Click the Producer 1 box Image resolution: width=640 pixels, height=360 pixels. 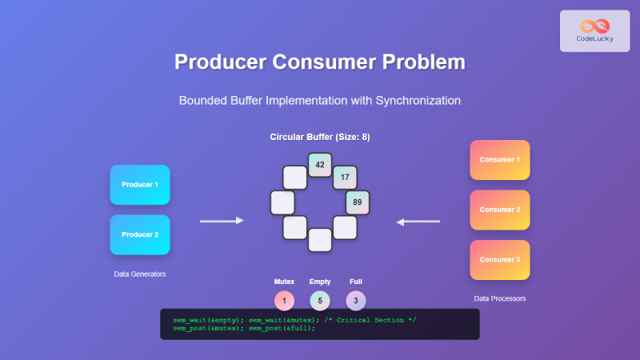pos(140,185)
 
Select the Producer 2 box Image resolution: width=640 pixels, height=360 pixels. pos(140,235)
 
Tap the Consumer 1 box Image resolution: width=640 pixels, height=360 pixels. pos(499,159)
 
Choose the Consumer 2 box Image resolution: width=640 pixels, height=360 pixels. pos(499,210)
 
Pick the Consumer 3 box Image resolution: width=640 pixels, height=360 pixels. pos(499,260)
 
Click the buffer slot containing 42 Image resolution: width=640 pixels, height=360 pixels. pos(320,164)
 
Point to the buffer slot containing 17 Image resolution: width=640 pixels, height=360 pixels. pos(345,177)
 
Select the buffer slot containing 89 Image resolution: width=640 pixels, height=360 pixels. pos(357,202)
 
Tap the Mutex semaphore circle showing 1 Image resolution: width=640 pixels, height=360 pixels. pos(284,301)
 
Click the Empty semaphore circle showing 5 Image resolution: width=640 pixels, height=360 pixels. pos(320,301)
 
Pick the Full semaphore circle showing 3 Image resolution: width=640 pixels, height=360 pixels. pos(356,301)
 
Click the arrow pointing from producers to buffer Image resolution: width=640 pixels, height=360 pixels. pos(221,221)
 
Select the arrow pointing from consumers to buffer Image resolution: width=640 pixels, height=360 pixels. pos(418,221)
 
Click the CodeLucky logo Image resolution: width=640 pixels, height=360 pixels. pos(594,31)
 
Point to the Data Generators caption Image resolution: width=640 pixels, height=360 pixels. pos(140,274)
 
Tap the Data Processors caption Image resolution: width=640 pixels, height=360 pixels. pos(499,298)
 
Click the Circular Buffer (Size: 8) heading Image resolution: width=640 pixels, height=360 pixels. pos(320,138)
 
